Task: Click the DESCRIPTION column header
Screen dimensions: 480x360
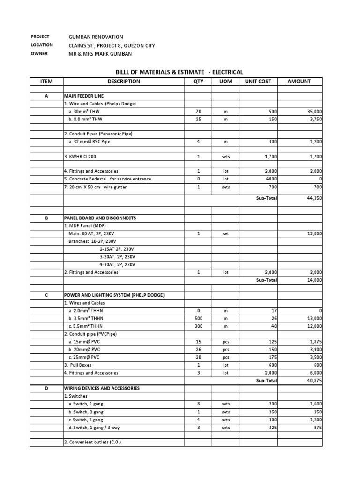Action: (x=124, y=82)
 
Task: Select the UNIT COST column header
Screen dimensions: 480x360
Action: (x=258, y=82)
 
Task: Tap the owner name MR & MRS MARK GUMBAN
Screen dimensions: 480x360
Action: (x=100, y=54)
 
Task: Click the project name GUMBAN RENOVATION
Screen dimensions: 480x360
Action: (x=96, y=37)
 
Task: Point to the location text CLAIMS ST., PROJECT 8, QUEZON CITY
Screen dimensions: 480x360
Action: (x=112, y=45)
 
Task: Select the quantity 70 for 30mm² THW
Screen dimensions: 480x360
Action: (x=198, y=112)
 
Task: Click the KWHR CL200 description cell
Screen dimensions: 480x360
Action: (x=83, y=157)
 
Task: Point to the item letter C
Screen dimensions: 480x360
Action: (x=46, y=295)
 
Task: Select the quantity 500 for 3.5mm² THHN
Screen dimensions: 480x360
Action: (x=198, y=318)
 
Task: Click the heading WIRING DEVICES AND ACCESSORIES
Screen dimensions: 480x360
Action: (x=102, y=389)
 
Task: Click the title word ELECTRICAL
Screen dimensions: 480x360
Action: (x=228, y=72)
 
